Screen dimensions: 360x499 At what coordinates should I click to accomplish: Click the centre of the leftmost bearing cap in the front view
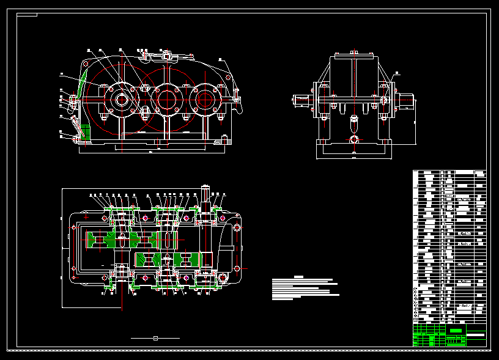coord(120,99)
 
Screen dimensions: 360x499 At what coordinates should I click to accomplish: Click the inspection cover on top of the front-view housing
coord(160,57)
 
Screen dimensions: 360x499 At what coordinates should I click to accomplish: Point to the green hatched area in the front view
coord(84,132)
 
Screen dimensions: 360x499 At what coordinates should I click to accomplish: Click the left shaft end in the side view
coord(301,100)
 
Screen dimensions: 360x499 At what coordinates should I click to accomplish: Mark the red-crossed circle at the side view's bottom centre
coord(353,140)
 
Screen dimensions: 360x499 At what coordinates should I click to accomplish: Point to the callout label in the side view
coord(397,73)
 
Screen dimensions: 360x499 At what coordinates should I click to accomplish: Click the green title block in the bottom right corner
coord(456,331)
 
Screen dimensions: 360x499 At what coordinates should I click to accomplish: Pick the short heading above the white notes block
coord(298,277)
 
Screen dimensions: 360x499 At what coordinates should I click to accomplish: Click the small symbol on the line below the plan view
coord(155,337)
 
